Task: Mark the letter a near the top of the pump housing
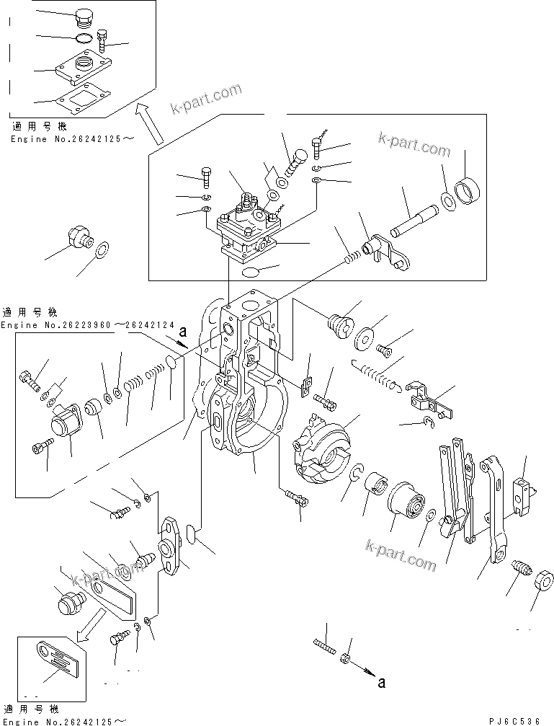(x=183, y=333)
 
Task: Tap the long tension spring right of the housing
(x=376, y=375)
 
